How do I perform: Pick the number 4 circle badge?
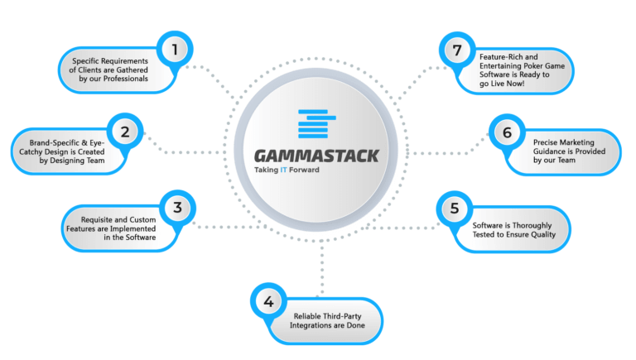(x=267, y=301)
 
